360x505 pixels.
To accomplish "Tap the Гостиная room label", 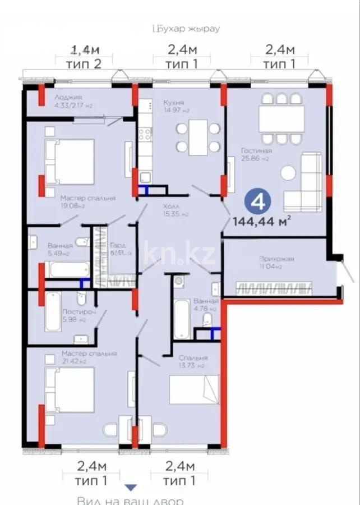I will point(256,151).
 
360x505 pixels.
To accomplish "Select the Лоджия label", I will point(68,97).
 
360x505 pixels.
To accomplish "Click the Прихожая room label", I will point(276,259).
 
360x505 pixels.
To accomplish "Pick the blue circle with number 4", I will point(257,201).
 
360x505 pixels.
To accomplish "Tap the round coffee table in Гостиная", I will point(288,173).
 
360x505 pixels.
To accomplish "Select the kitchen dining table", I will point(198,137).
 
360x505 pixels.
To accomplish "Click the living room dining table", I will point(281,118).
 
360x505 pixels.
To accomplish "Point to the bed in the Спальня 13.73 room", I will point(193,389).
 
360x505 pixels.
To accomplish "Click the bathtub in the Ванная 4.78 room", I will point(182,319).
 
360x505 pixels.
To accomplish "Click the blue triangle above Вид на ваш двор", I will point(131,488).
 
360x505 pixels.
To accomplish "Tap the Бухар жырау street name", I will point(187,28).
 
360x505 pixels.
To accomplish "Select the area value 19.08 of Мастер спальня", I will point(73,206).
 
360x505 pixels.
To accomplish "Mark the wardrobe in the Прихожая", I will point(275,289).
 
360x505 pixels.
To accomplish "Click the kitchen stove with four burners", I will point(145,134).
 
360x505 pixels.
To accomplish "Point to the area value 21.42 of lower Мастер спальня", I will point(72,361).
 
